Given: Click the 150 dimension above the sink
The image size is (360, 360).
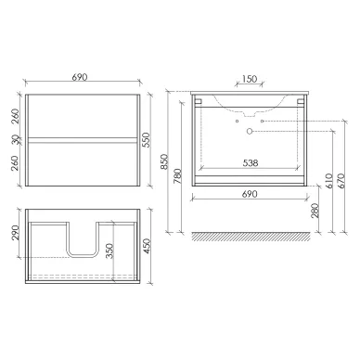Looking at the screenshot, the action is pos(250,79).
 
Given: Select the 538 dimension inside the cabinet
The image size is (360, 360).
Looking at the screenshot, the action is pos(251,162).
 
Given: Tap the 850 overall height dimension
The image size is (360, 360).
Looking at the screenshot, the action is pos(164,161).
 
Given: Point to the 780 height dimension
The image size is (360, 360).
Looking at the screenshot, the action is pos(178,176).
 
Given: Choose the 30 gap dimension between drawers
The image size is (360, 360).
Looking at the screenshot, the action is pos(16,140).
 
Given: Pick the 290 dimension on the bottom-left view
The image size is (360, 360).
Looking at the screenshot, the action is pos(16,233).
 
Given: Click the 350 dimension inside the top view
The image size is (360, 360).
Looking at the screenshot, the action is pos(109,251).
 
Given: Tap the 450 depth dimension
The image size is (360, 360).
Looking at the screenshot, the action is pos(147,247).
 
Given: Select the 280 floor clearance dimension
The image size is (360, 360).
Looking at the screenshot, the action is pos(315,211).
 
